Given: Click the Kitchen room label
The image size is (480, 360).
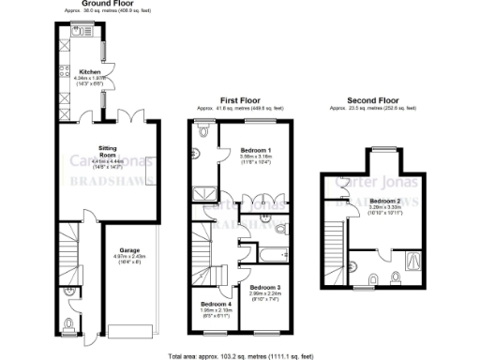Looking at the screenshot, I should [90, 70].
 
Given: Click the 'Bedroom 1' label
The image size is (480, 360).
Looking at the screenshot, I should [256, 151].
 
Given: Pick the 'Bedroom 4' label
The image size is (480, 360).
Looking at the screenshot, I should [217, 305].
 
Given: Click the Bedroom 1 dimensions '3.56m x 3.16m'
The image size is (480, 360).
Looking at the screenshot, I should [256, 157].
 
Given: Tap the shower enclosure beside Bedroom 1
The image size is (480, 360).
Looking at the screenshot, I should [203, 194].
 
